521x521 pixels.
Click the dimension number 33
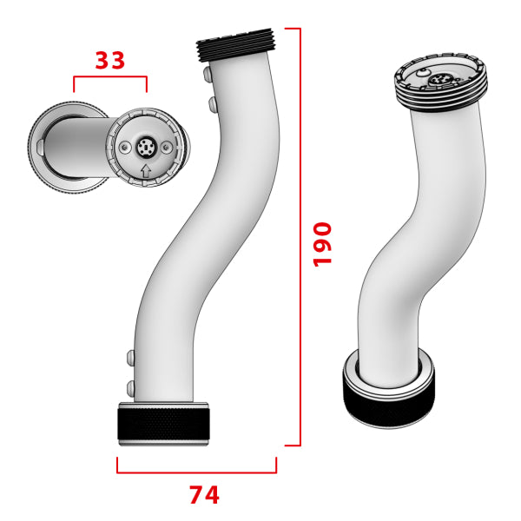tap(109, 61)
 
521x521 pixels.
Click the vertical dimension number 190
tap(322, 244)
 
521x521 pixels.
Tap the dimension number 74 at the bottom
tap(204, 495)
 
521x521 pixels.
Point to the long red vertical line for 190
tap(300, 234)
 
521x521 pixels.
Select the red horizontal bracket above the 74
tap(196, 472)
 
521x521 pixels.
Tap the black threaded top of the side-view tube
tap(236, 48)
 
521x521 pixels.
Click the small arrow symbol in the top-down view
tap(145, 170)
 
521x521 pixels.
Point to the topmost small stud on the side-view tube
tap(206, 77)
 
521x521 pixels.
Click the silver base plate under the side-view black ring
tap(163, 443)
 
